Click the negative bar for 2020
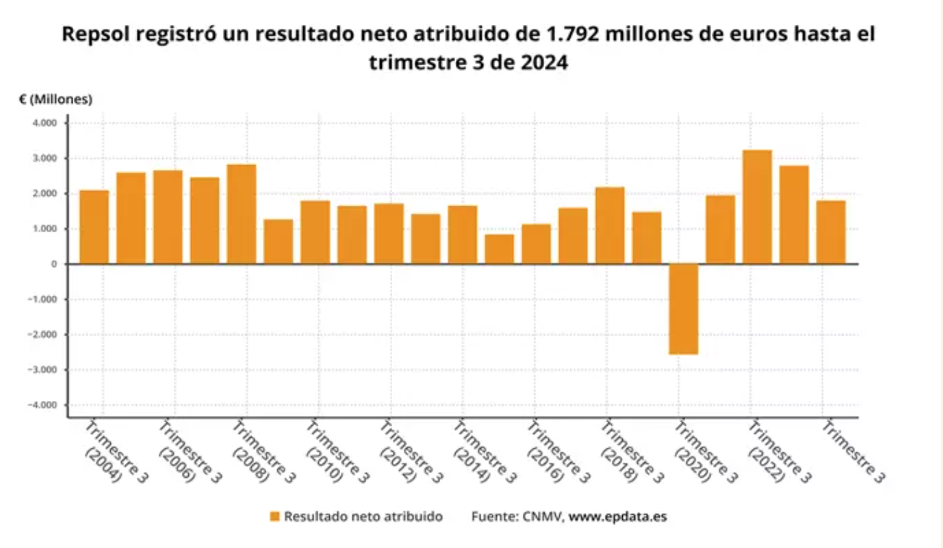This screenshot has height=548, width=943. coord(683,308)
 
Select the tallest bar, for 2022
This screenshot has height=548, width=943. coord(757,207)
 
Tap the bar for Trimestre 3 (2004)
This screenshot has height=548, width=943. coord(94,227)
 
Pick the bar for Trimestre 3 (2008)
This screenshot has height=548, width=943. coord(241,214)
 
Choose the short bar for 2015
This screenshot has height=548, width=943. coord(499,249)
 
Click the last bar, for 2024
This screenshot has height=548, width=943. coord(830,232)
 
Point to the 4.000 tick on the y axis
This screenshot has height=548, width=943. coord(45,123)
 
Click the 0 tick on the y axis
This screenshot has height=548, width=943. coord(54,264)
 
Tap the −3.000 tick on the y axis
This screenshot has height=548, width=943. coord(42,370)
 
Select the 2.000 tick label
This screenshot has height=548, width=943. coord(45,194)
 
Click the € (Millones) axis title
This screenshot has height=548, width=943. coord(56,99)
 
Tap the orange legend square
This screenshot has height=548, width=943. coord(275,517)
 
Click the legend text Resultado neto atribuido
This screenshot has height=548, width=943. coord(363,517)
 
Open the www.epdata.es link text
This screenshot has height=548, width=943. coord(617,517)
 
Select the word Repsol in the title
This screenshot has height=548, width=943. coord(96,34)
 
